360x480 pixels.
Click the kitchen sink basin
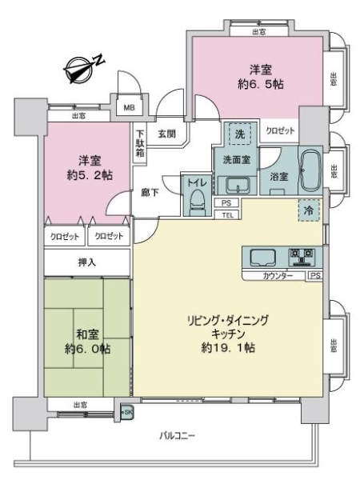(x=262, y=258)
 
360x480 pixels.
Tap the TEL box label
(x=227, y=214)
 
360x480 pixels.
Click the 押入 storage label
(x=88, y=262)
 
